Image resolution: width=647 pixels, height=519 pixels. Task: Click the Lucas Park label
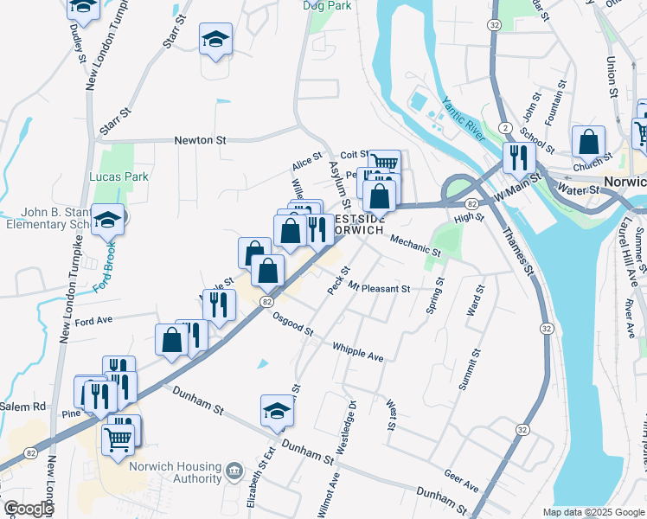(119, 176)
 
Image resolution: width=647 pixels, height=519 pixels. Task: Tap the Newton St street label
(200, 139)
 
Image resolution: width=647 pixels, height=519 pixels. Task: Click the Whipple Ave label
(358, 351)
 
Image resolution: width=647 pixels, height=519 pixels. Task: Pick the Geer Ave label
(461, 481)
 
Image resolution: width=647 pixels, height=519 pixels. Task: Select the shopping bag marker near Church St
(588, 140)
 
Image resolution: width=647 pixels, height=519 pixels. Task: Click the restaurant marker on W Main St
(517, 157)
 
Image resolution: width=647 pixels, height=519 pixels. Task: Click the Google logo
(29, 509)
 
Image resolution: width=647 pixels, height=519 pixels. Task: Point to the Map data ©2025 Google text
(593, 512)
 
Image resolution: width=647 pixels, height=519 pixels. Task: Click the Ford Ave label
(94, 321)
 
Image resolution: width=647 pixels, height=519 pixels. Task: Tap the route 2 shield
(503, 128)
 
